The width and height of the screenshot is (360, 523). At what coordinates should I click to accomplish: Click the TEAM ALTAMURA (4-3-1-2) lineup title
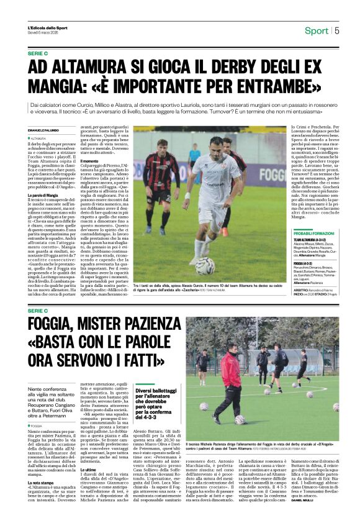point(308,239)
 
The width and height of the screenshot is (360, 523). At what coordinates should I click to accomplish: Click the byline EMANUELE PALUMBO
point(45,130)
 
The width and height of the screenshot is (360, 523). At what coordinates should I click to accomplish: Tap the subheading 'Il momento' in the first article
point(90,161)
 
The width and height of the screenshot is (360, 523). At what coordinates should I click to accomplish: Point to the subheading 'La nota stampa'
point(42,482)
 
